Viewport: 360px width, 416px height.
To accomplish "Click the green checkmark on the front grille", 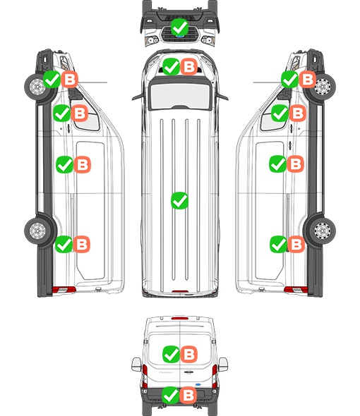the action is [x=179, y=27].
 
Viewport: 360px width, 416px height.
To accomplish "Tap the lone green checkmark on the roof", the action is [x=179, y=200].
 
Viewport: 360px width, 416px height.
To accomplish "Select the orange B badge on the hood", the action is [x=189, y=66].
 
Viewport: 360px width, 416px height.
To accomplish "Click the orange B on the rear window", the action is [x=189, y=354].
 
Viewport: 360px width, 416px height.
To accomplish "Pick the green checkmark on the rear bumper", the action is [x=171, y=396].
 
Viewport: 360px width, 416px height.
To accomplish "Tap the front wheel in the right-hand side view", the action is [x=322, y=87].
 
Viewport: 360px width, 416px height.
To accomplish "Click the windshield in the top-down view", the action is [x=180, y=95].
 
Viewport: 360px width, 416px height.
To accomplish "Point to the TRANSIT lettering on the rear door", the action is [x=166, y=372].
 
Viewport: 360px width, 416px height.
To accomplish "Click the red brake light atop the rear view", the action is [x=180, y=318].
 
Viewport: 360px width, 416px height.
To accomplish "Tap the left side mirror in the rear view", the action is [x=136, y=365].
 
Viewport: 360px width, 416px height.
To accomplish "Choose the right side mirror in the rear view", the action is [x=223, y=365].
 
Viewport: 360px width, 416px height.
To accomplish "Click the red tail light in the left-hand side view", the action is [x=64, y=290].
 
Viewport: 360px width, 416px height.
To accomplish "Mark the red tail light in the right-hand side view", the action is [x=296, y=290].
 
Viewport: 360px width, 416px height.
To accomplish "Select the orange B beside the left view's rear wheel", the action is [x=82, y=244].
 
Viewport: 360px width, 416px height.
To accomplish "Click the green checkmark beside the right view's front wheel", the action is [x=290, y=79].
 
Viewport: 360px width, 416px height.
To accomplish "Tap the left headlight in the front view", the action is [x=152, y=40].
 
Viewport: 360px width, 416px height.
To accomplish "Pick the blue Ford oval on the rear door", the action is [x=198, y=384].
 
